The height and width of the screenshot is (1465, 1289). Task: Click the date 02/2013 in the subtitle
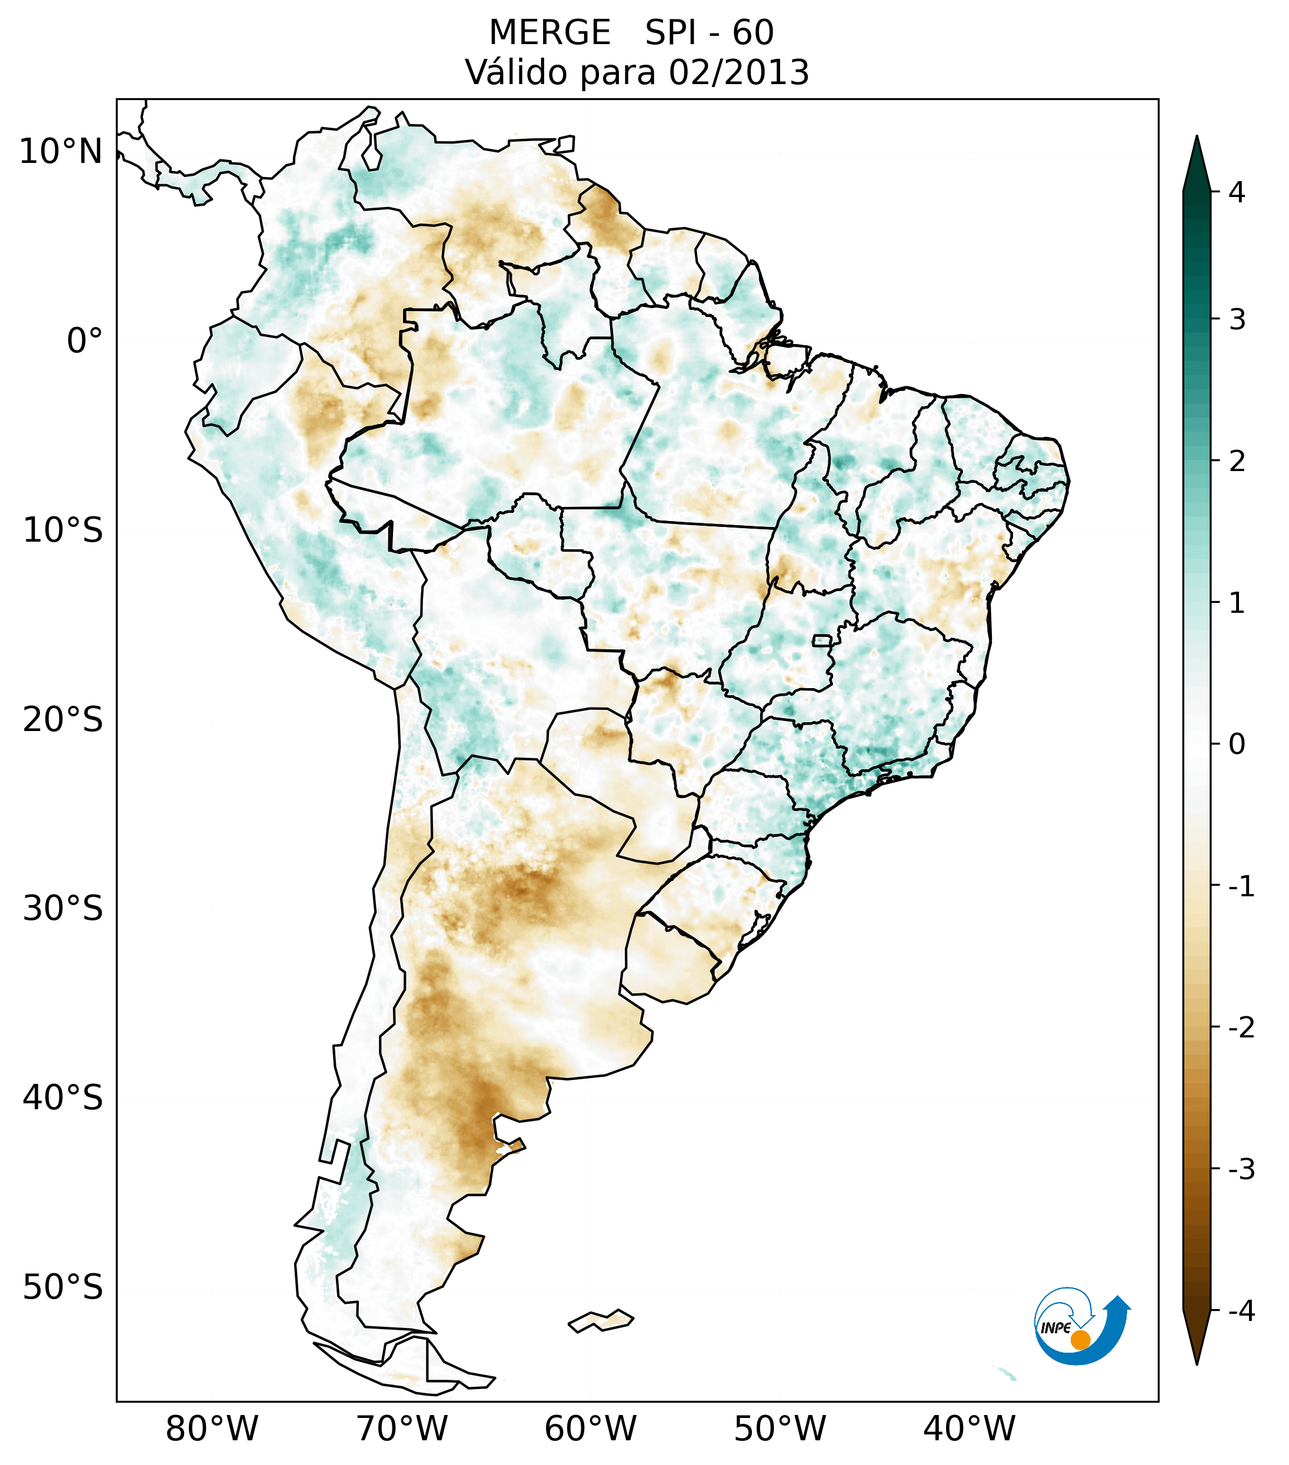pos(738,72)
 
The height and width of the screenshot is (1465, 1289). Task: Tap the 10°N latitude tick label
pos(61,152)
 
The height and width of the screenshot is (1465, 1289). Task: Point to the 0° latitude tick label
pos(85,341)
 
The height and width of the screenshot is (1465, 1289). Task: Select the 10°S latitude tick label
pos(63,531)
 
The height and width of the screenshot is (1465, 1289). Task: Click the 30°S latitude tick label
pos(63,909)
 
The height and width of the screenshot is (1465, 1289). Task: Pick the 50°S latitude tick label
pos(63,1287)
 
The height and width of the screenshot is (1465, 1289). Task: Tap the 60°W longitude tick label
pos(590,1429)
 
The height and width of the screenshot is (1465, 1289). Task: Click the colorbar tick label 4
pos(1237,192)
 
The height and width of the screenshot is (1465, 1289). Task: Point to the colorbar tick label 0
pos(1237,744)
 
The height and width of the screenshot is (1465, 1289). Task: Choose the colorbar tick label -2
pos(1241,1028)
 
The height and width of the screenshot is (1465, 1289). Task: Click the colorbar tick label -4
pos(1241,1311)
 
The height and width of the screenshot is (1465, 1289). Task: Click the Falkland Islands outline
pos(601,1320)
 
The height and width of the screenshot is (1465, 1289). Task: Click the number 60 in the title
pos(753,33)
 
